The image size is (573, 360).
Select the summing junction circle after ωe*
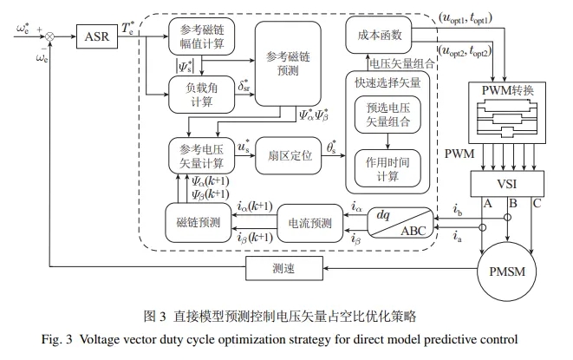(x=50, y=36)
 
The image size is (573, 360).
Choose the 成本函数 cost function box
(x=381, y=36)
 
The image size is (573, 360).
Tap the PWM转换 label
(x=506, y=90)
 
